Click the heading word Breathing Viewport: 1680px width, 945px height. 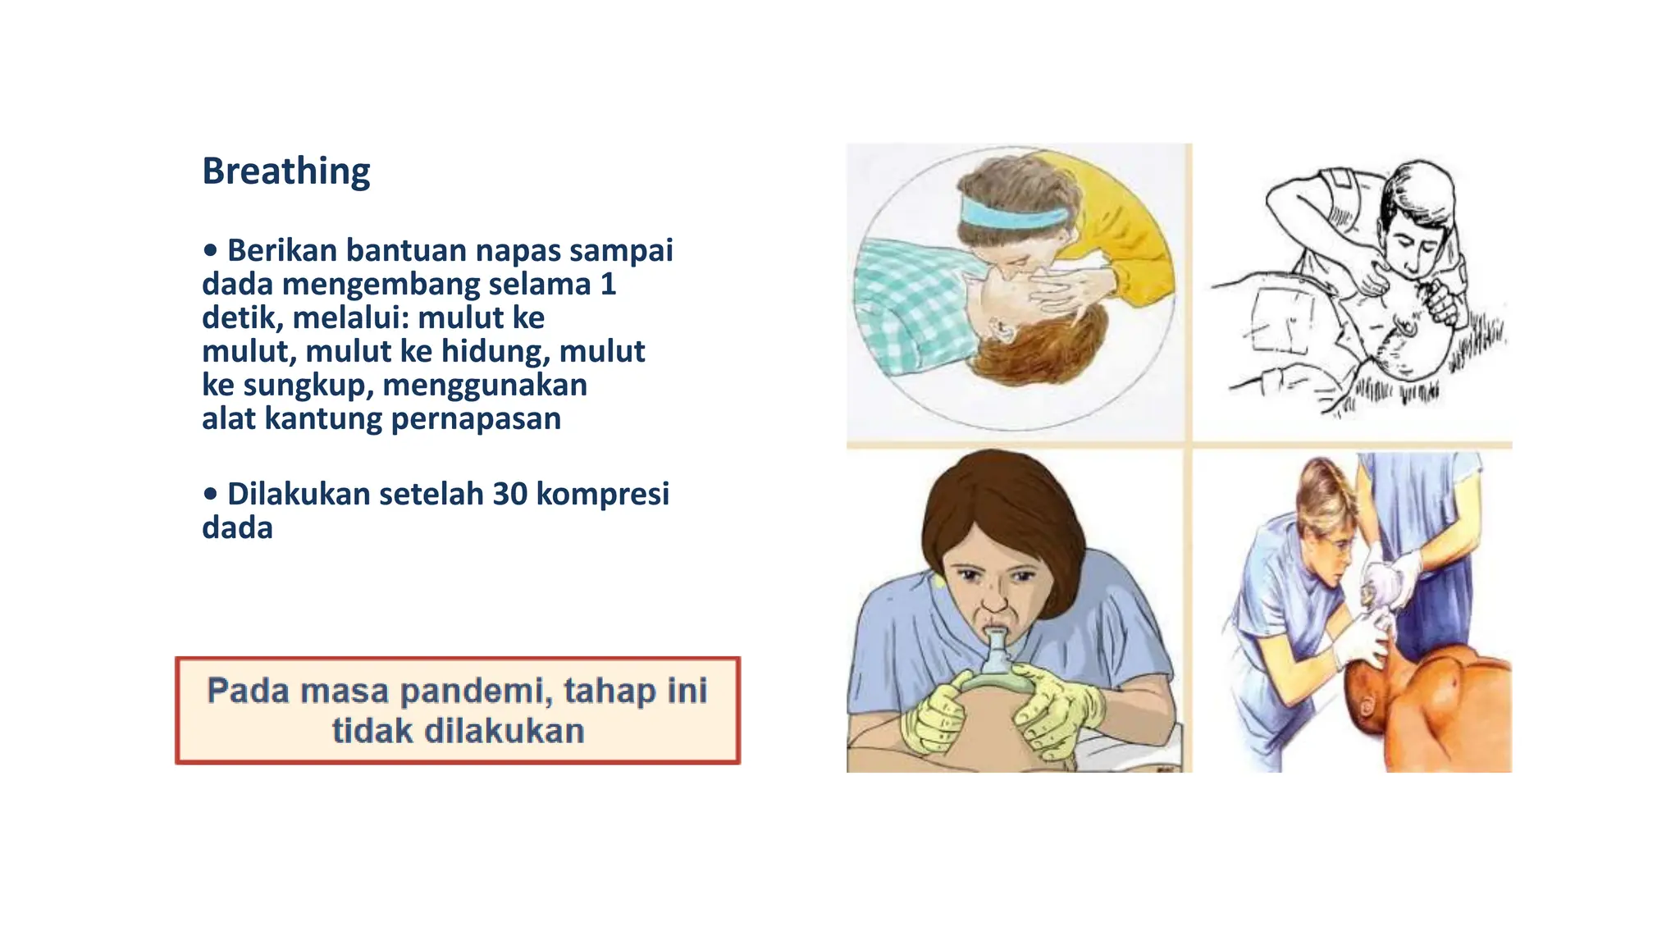285,171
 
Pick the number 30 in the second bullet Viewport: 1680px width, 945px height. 509,494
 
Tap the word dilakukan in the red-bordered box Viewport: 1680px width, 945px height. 504,730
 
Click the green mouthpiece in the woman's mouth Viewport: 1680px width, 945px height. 997,651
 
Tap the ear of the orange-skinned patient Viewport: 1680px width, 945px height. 1367,705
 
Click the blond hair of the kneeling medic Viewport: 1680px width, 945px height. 1321,488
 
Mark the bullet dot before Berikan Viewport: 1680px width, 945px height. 211,250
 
